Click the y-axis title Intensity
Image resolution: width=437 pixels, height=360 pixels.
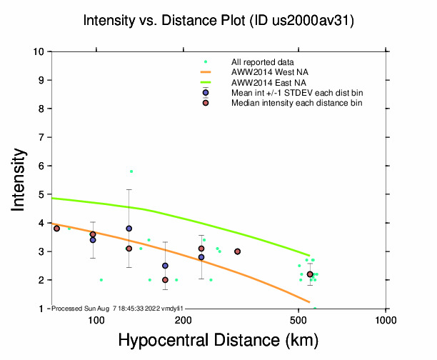[x=19, y=179]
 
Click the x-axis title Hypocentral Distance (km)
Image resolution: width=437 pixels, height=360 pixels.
[x=218, y=340]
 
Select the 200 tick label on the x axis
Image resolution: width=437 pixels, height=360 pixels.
[x=183, y=320]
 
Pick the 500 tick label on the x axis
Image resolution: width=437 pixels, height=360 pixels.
[x=298, y=320]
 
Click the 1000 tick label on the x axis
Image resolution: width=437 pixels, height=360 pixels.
[x=386, y=320]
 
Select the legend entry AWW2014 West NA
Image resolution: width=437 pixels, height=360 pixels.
[x=265, y=72]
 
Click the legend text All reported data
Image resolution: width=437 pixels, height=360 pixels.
[x=262, y=62]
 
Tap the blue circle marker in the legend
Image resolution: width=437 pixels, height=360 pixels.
[x=206, y=93]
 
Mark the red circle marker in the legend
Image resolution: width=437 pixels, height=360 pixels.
[x=206, y=103]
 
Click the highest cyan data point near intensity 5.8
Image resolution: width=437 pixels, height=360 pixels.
[x=131, y=171]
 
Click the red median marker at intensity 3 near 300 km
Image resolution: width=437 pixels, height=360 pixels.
[x=237, y=251]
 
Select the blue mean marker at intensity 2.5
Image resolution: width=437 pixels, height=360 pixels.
[x=165, y=266]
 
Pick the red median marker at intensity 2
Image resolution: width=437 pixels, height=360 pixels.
[x=165, y=280]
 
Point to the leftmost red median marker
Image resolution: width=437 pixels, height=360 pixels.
[x=56, y=229]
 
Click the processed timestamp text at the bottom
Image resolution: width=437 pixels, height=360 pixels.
[x=119, y=308]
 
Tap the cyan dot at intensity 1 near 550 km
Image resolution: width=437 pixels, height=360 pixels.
[x=315, y=308]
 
